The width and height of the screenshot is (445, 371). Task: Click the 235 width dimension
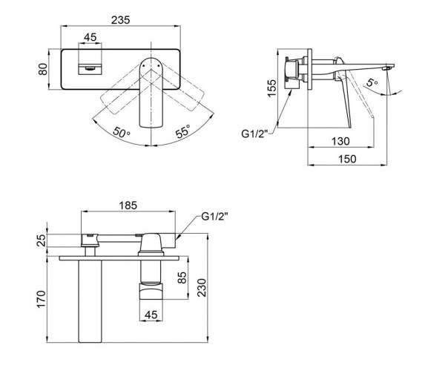coord(121,20)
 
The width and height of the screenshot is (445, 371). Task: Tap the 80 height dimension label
coord(43,69)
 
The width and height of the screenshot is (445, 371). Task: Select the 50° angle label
coord(122,132)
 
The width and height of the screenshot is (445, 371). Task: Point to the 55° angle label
coord(182,132)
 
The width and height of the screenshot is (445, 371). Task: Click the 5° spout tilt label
coord(372,82)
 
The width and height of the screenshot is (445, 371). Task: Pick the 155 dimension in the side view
coord(271,88)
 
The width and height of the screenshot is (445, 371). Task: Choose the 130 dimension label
coord(340,141)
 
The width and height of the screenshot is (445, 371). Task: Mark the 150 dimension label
coord(347,159)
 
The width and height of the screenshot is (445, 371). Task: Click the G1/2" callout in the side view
coord(254,134)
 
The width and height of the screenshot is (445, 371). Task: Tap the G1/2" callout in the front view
coord(215,217)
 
